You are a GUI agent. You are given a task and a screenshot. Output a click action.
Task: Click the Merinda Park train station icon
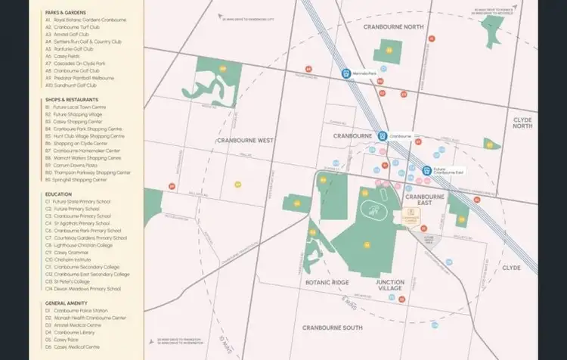pos(345,74)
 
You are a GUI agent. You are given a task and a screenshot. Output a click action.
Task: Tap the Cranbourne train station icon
pos(383,136)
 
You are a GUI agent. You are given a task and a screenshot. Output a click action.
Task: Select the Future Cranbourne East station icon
pos(427,171)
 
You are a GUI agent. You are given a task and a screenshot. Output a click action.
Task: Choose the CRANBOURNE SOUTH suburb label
pos(332,327)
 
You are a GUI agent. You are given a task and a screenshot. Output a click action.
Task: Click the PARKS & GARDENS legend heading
pos(65,13)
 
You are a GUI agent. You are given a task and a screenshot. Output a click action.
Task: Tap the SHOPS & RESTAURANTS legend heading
pos(71,100)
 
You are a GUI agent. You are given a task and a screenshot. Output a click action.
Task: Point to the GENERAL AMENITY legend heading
pos(66,303)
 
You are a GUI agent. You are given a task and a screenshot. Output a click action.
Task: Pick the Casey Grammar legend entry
pos(72,252)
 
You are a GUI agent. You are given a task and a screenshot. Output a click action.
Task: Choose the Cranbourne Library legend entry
pos(76,332)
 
